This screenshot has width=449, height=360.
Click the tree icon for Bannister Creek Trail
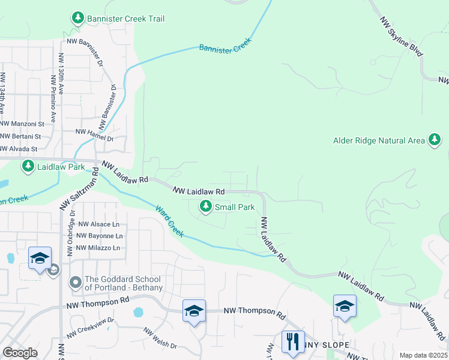[x=77, y=19]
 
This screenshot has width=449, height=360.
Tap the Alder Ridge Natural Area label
[x=379, y=141]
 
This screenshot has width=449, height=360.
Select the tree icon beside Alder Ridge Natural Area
[x=434, y=140]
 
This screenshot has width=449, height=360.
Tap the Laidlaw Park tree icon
[x=28, y=166]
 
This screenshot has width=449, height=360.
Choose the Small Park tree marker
[x=206, y=207]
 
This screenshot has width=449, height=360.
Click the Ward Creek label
[x=169, y=221]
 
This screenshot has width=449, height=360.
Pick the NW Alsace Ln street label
[x=99, y=224]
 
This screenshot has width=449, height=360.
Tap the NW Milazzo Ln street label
[x=98, y=248]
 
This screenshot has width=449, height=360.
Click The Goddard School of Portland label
[x=122, y=283]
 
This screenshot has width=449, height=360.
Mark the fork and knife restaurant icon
[x=293, y=342]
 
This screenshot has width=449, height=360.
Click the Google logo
[x=20, y=353]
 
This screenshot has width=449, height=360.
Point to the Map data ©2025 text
[x=423, y=355]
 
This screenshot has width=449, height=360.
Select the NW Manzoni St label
[x=22, y=124]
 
